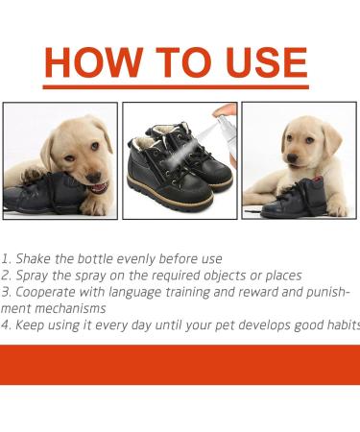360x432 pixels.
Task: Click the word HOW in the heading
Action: pyautogui.click(x=93, y=62)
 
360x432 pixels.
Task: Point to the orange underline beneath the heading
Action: pyautogui.click(x=176, y=86)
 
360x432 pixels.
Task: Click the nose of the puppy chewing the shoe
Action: pyautogui.click(x=94, y=177)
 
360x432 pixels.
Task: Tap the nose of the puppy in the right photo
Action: pyautogui.click(x=292, y=157)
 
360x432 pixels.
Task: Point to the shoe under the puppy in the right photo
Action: pyautogui.click(x=294, y=198)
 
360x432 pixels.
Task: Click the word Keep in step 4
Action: pyautogui.click(x=29, y=325)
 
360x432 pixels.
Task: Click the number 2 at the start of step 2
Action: pyautogui.click(x=5, y=276)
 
